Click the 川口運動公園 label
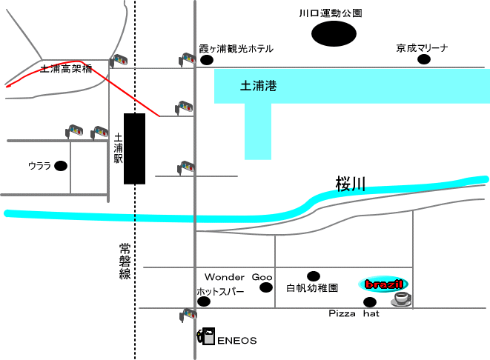(330, 13)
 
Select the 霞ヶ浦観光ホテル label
(236, 49)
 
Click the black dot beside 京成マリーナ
(423, 60)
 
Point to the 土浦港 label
(259, 86)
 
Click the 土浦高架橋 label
(66, 69)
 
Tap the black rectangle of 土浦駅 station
(134, 148)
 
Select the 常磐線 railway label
(124, 261)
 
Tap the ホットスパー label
(220, 291)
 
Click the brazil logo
(384, 284)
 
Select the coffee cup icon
(401, 299)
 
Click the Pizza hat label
(354, 314)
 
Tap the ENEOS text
(236, 341)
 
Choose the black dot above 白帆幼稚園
(313, 276)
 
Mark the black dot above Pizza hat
(369, 301)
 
